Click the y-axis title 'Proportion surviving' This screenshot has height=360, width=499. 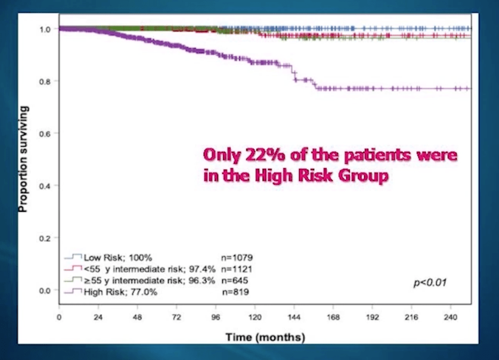[23, 159]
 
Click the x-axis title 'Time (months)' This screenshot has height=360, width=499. [265, 337]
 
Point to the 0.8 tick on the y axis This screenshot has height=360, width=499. [46, 81]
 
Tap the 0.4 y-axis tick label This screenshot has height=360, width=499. [46, 185]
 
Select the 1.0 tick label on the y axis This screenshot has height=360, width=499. [46, 29]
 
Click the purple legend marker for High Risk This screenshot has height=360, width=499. [73, 292]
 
